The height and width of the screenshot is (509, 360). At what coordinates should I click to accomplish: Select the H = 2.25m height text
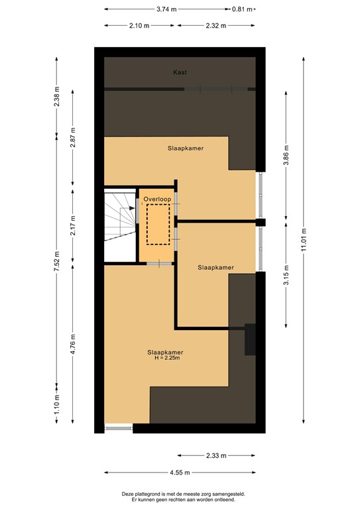click(165, 358)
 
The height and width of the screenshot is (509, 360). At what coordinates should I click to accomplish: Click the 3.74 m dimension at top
click(166, 9)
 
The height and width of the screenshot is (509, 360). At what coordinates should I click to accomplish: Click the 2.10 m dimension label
click(139, 26)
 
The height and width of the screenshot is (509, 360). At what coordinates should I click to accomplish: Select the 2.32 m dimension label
click(215, 26)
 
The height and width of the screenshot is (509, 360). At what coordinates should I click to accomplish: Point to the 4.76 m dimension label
click(74, 344)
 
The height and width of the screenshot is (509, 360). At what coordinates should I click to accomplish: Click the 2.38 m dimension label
click(57, 98)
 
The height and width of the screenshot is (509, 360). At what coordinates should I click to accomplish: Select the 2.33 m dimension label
click(215, 456)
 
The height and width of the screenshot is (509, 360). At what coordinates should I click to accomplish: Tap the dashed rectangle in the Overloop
click(158, 224)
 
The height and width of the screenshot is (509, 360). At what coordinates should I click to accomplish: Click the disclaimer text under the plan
click(179, 496)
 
